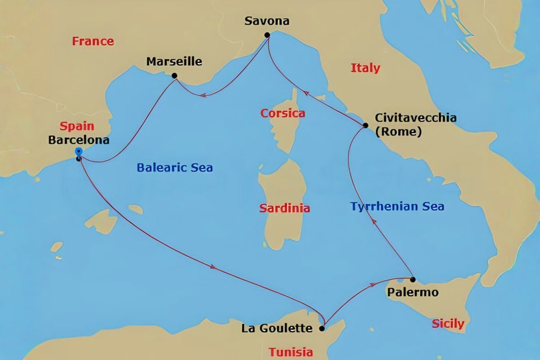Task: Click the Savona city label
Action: point(267,21)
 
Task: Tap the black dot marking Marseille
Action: point(174,76)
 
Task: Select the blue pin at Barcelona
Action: point(79,152)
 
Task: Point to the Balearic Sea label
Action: point(175,168)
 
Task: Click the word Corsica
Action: point(283,113)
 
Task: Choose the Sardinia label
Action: point(284,208)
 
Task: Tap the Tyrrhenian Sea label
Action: point(397,207)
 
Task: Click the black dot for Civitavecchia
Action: point(366,125)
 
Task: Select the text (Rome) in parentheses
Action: point(398,132)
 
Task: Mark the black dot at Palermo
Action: point(413,279)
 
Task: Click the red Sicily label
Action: point(448,324)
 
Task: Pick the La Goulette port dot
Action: point(322,328)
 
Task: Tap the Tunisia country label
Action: point(291,352)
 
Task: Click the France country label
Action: point(93,41)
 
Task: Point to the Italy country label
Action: point(365,68)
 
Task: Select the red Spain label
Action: point(76,126)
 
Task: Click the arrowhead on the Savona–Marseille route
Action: point(203,95)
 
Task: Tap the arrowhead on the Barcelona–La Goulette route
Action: point(213,267)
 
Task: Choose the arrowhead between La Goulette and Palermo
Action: point(373,285)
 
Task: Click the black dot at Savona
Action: point(267,35)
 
